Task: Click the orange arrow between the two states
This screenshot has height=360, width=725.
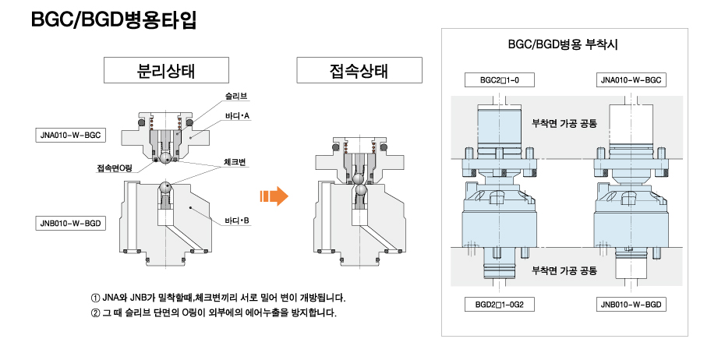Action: pos(274,196)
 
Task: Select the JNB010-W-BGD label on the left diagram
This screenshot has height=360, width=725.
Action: pos(70,224)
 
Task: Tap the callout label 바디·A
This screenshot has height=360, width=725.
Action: pos(236,116)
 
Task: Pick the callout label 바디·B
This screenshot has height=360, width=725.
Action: pos(236,221)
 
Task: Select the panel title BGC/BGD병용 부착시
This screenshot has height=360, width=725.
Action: pos(562,45)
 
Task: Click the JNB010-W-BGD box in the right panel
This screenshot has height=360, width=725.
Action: pos(631,304)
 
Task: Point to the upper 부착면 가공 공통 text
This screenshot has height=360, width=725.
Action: pos(564,122)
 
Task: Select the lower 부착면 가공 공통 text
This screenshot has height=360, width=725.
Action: pos(564,270)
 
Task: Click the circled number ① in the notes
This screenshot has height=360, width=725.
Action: pos(96,298)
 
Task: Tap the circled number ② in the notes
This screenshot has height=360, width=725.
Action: pos(96,313)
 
